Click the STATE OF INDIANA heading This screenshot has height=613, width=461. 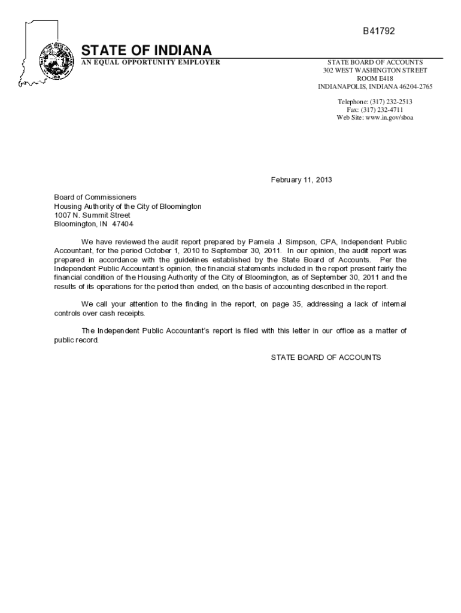[x=147, y=50]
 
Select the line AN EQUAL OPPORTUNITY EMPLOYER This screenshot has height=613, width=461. [x=151, y=62]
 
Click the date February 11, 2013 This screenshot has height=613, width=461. [x=301, y=180]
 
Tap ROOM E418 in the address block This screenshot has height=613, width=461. [x=375, y=78]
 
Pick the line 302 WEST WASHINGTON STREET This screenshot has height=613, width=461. [x=375, y=70]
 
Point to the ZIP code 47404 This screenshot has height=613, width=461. [x=123, y=224]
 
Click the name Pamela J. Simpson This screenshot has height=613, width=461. [x=272, y=242]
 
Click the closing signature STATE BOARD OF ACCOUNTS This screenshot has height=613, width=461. [x=326, y=357]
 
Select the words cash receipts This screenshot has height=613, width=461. [x=123, y=313]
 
